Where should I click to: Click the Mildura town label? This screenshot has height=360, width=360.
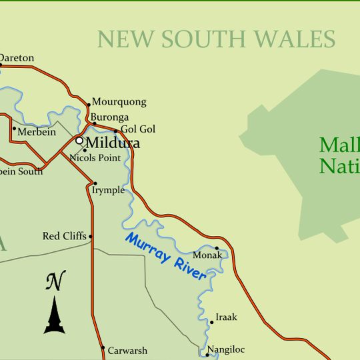coord(113,143)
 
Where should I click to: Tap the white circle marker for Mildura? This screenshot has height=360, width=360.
coord(79,141)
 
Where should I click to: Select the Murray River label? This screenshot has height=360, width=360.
coord(166,257)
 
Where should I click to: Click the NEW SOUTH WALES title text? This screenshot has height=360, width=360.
coord(216,39)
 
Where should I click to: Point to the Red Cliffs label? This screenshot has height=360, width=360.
coord(64,236)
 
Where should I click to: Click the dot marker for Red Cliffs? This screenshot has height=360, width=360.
coord(91,236)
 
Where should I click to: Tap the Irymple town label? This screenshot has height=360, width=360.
coord(108,190)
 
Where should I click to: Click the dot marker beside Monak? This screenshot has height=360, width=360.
coord(217,249)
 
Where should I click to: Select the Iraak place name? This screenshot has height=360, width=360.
coord(226,317)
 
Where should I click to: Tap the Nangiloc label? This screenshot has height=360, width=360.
coord(226,349)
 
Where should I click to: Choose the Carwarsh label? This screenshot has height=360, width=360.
coord(128,350)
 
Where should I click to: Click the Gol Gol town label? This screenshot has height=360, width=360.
coord(138,129)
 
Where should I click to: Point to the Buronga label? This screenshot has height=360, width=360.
coord(107,117)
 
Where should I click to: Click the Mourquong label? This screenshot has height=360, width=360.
coord(119,103)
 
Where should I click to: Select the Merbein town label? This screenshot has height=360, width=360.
coord(37,132)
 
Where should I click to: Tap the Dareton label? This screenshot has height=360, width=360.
coord(17,58)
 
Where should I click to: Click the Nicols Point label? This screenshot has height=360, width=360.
coord(95,158)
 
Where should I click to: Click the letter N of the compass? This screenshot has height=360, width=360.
coord(55,281)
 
